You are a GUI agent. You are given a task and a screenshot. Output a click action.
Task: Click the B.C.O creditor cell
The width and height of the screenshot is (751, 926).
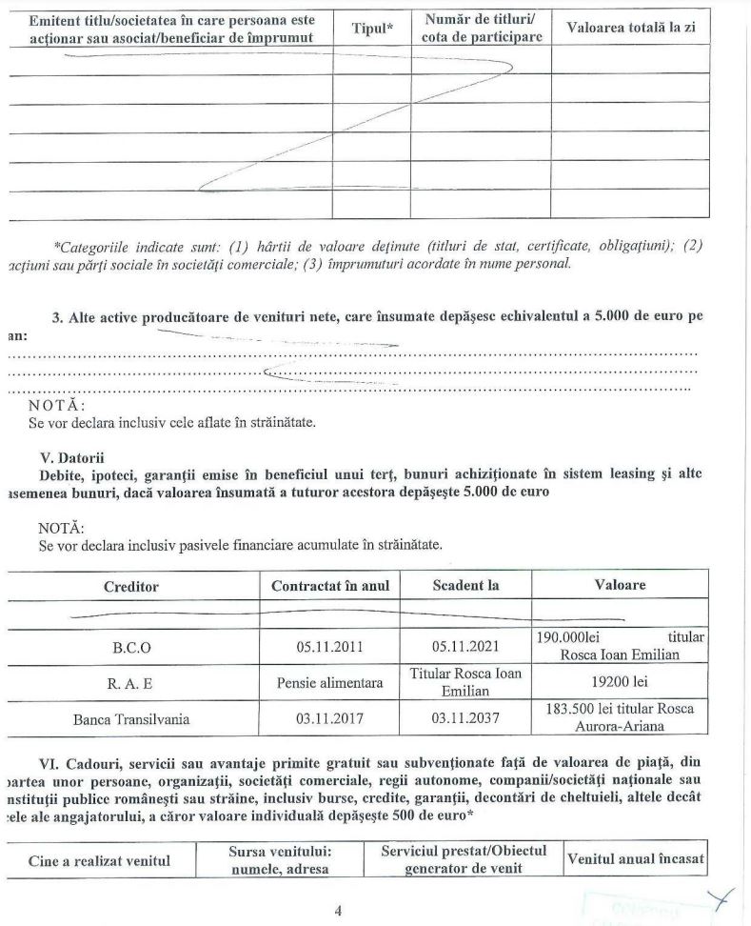click(x=132, y=647)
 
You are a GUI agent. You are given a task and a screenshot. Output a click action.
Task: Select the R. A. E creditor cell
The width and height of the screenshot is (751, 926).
click(x=132, y=683)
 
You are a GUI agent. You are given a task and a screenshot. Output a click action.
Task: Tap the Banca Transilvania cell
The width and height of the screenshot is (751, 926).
click(x=132, y=719)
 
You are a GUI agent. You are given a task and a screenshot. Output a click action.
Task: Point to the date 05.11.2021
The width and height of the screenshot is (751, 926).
click(x=465, y=647)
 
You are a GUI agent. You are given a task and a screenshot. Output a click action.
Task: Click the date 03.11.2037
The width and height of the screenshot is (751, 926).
click(x=465, y=719)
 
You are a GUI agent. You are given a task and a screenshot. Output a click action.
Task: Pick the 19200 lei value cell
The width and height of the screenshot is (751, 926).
click(x=620, y=683)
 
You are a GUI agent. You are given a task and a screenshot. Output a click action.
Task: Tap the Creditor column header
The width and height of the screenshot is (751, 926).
click(x=131, y=585)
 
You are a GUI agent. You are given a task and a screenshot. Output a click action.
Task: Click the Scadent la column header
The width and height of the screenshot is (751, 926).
click(x=465, y=585)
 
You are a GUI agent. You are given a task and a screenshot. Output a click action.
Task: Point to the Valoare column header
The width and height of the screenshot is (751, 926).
click(x=620, y=585)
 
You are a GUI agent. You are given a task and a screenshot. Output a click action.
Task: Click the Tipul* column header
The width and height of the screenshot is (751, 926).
click(x=372, y=28)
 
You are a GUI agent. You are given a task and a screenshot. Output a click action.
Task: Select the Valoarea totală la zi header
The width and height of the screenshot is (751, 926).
click(x=630, y=28)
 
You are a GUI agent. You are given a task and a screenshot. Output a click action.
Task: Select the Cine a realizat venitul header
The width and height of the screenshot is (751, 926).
click(x=101, y=861)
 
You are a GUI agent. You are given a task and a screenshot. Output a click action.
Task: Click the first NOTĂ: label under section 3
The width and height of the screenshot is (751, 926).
click(x=58, y=405)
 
